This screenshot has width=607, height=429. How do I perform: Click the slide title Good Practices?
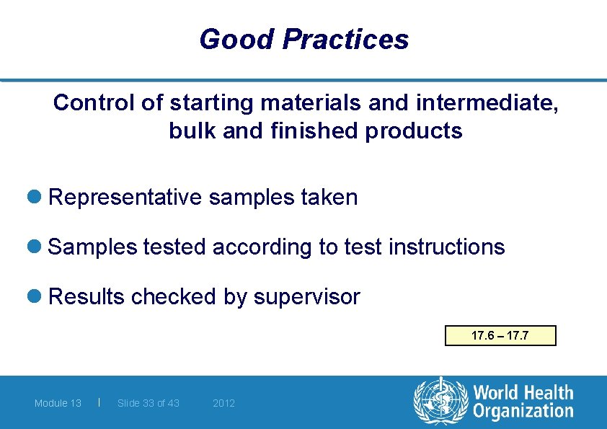tap(303, 39)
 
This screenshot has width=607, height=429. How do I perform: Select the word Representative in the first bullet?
tap(125, 198)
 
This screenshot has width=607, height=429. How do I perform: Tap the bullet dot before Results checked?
tap(37, 297)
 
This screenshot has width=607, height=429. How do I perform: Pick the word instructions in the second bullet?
tap(446, 247)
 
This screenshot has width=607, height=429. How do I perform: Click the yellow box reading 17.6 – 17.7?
tap(500, 336)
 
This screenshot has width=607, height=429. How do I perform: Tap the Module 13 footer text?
tap(58, 403)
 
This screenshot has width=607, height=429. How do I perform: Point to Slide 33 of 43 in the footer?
tap(149, 403)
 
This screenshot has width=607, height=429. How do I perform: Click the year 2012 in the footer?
tap(223, 403)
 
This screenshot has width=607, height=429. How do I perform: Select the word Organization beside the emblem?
tap(523, 412)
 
